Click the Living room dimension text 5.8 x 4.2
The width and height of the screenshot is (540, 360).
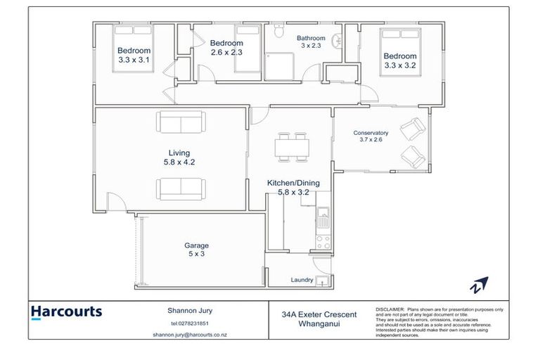(x=179, y=162)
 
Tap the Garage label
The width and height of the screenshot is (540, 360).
(x=196, y=245)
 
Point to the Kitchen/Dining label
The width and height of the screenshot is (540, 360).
(x=293, y=183)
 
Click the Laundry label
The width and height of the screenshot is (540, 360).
(x=302, y=280)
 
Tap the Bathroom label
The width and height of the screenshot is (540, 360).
(x=311, y=38)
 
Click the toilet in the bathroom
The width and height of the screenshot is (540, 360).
(x=278, y=32)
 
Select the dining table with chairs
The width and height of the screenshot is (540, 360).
(x=292, y=146)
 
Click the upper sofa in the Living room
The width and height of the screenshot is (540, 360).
(x=181, y=124)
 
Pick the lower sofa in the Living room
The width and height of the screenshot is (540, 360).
(x=181, y=188)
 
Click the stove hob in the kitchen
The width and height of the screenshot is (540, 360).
(x=323, y=243)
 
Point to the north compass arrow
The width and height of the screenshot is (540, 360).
(x=480, y=285)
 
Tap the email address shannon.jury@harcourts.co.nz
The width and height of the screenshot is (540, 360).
(x=189, y=335)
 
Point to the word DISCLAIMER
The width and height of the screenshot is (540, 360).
(x=390, y=309)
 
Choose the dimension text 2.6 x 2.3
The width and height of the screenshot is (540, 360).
(x=226, y=51)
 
